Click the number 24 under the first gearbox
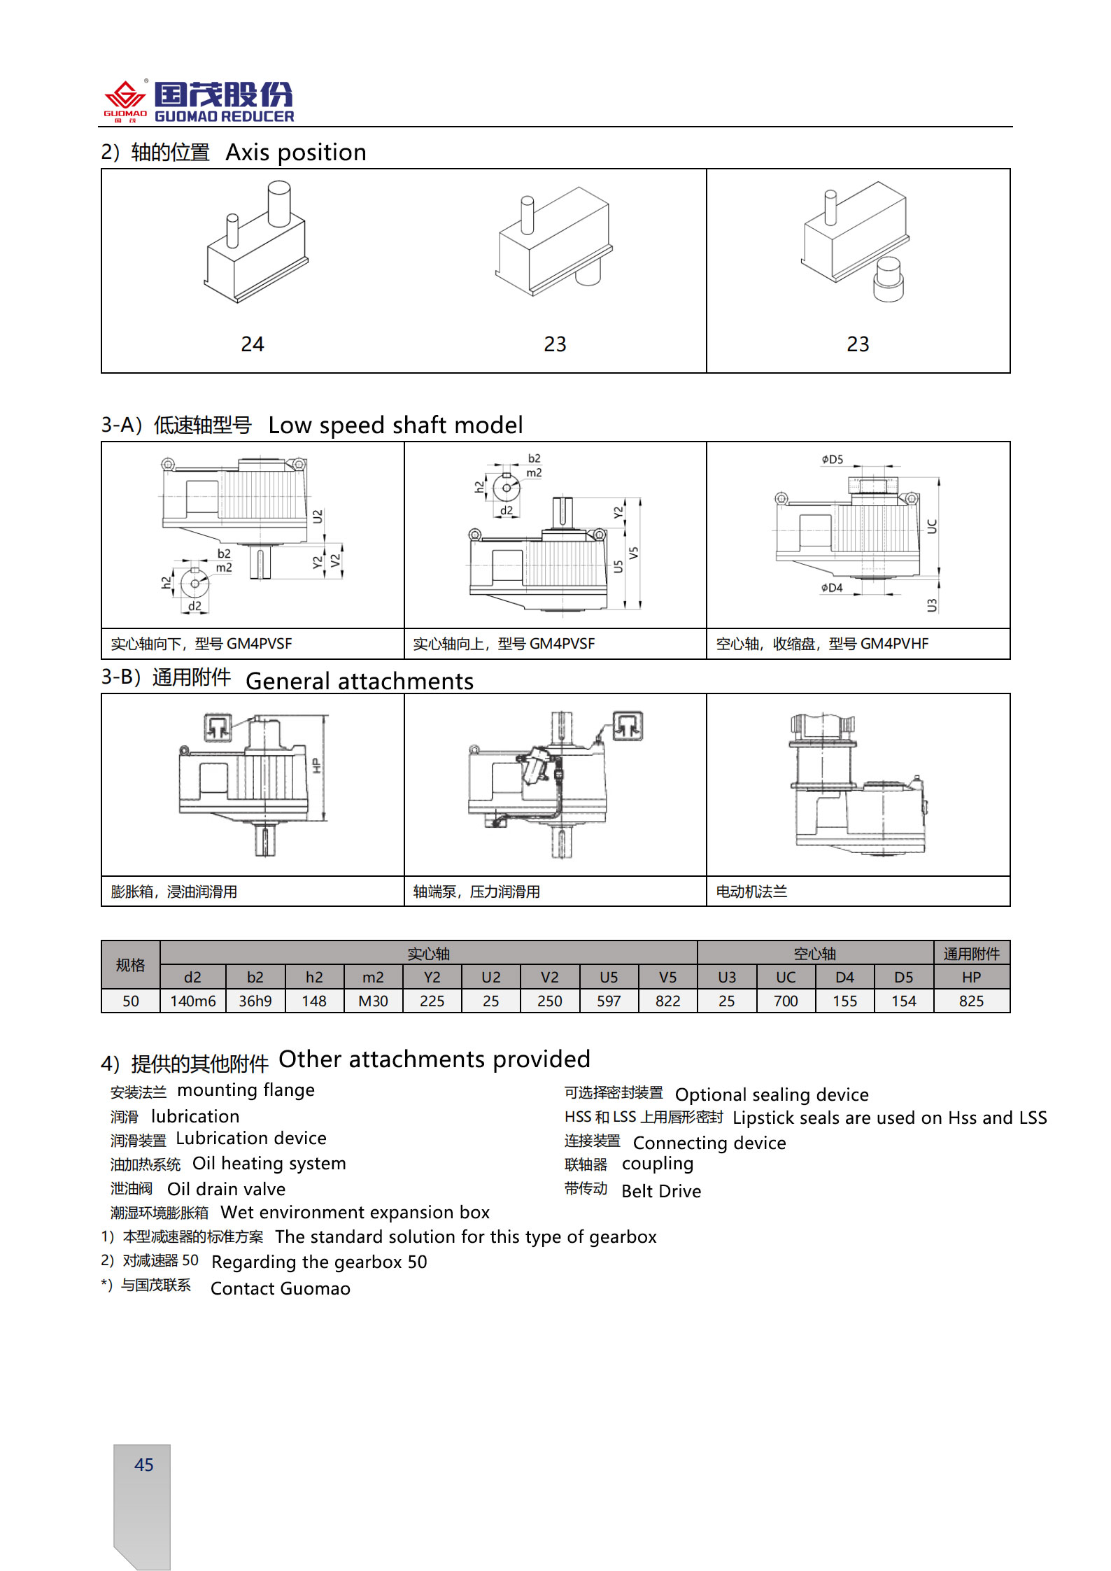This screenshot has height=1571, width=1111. point(253,344)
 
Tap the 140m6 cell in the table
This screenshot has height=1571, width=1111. point(193,1001)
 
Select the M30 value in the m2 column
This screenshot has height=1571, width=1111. point(373,1001)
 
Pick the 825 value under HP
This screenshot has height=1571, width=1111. point(971,1001)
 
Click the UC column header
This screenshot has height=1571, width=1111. point(786,978)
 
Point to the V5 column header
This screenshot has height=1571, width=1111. point(667,978)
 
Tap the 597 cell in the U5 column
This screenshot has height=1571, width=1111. point(609,1001)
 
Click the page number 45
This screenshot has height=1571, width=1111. point(143,1465)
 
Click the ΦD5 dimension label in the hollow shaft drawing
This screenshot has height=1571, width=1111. point(833,460)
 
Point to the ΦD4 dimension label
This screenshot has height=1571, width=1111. point(832,588)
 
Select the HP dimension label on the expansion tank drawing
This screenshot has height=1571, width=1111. point(316,766)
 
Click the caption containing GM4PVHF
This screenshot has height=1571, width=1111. point(822,644)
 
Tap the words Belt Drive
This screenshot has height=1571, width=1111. point(661,1191)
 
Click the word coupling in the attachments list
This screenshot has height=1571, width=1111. point(658,1164)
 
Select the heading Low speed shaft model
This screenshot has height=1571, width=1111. point(395,425)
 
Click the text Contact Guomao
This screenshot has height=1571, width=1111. point(280,1288)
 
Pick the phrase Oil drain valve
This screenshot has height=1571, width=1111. point(226,1189)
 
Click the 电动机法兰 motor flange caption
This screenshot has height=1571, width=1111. point(751,892)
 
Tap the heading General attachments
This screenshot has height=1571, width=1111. point(360,681)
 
